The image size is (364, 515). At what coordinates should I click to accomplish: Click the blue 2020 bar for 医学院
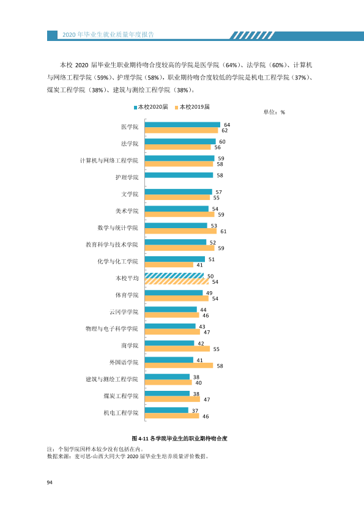[182, 125]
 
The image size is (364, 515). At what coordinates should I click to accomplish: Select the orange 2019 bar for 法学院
[178, 147]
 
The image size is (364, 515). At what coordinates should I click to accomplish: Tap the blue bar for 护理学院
[179, 175]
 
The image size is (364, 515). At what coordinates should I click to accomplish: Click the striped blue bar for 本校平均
[174, 276]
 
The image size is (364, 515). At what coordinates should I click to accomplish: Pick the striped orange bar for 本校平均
[177, 281]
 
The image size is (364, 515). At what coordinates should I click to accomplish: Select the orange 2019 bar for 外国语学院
[179, 366]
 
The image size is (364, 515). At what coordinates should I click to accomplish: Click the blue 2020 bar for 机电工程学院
[166, 410]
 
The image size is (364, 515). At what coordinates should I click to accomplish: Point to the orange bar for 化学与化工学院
[169, 265]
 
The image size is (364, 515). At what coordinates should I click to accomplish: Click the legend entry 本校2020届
[150, 107]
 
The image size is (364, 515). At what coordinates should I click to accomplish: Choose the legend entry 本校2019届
[192, 107]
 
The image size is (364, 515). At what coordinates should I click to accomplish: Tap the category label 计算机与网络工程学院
[109, 161]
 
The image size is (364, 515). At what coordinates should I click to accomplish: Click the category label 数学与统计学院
[118, 228]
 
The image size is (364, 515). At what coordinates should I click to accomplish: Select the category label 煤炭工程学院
[121, 396]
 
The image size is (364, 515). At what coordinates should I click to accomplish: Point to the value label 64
[227, 125]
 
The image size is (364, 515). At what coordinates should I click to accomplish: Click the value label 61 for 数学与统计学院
[223, 232]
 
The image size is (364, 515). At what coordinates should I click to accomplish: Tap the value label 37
[195, 411]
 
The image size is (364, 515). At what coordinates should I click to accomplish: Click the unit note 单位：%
[274, 113]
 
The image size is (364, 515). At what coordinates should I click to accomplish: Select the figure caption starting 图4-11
[179, 439]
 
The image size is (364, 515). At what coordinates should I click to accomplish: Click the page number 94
[50, 483]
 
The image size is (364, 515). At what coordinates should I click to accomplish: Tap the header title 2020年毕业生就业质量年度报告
[108, 35]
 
